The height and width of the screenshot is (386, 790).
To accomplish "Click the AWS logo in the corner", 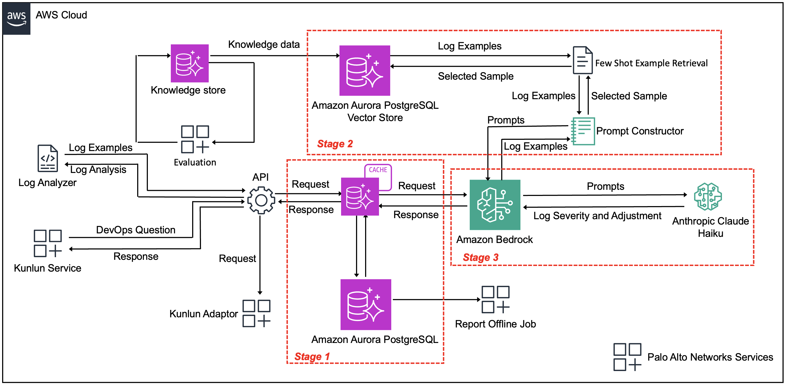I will tap(16, 18).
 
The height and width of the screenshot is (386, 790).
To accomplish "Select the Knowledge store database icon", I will tap(189, 63).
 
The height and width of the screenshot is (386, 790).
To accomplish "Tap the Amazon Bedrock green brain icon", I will tap(495, 204).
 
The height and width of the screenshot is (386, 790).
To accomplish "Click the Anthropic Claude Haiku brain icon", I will tap(708, 196).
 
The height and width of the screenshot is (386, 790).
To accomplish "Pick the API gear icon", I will tap(261, 200).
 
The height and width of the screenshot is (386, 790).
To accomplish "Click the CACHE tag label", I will tap(378, 170).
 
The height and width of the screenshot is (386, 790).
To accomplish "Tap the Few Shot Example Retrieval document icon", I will tap(582, 60).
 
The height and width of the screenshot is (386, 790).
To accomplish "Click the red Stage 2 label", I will tap(335, 144).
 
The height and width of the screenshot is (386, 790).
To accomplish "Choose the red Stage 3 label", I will tap(481, 257).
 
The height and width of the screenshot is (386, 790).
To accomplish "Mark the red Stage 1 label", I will tap(312, 357).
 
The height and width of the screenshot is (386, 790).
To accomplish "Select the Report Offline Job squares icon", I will tap(495, 299).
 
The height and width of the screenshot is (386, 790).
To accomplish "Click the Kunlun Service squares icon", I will tap(48, 243).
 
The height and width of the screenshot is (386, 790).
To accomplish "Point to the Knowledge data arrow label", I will tap(264, 45).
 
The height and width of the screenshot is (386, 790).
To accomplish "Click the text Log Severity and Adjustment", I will tap(597, 216).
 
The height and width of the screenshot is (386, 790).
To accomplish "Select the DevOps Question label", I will tap(136, 230).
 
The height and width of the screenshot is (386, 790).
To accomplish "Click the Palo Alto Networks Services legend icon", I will tap(627, 357).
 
